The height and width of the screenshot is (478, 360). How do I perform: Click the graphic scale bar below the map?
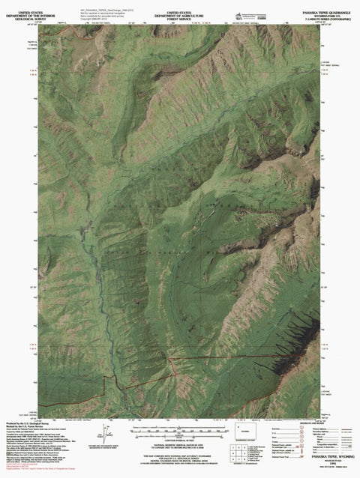(179, 432)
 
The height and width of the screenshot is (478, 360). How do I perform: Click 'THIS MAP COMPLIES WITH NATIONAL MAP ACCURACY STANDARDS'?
(179, 456)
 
